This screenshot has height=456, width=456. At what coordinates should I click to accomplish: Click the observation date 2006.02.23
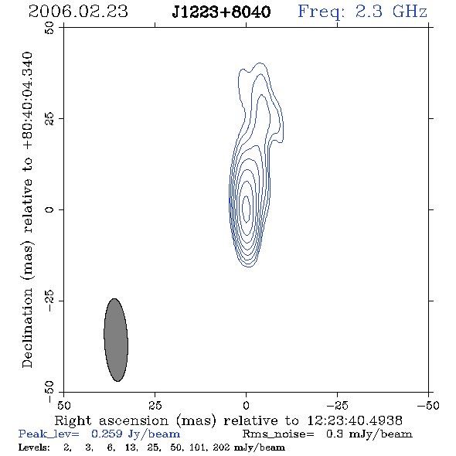coord(78,12)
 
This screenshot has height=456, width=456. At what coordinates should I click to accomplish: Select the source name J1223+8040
coord(221,12)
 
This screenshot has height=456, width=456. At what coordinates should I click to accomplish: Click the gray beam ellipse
coord(116,339)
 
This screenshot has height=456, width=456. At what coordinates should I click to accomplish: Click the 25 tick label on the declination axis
coord(49,119)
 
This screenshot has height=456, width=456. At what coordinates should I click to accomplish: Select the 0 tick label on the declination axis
coord(49,209)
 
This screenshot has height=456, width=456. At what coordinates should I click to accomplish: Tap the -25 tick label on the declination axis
coord(49,301)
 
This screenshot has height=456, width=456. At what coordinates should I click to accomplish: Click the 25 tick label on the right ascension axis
coord(155,406)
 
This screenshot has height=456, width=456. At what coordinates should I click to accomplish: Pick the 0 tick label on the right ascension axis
coord(246,406)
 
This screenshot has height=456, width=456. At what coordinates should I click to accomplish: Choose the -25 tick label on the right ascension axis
coord(337,406)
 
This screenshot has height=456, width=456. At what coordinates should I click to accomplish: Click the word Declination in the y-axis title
coord(27,328)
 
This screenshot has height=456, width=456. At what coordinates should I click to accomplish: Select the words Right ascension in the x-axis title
coord(111,420)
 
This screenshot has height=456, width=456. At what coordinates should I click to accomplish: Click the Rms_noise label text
coord(278,434)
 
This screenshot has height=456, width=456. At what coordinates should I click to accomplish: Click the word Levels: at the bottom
coord(34,447)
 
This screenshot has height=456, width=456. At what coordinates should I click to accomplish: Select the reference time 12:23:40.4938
coord(355,420)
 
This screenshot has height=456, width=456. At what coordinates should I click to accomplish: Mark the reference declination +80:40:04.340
coord(27,100)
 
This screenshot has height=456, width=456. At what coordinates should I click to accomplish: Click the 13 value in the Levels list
coord(131,447)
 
